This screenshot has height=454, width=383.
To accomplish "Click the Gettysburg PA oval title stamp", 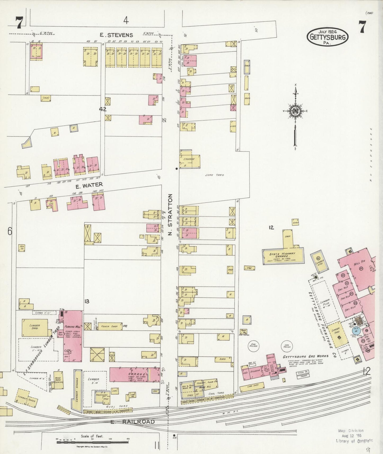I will click(328, 37).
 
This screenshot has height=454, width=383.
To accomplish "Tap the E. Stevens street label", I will click(116, 35).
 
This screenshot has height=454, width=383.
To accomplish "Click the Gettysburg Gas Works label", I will click(305, 356).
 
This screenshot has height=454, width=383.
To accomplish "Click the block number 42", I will click(103, 109).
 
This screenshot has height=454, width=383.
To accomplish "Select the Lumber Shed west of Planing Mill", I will click(35, 328).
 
